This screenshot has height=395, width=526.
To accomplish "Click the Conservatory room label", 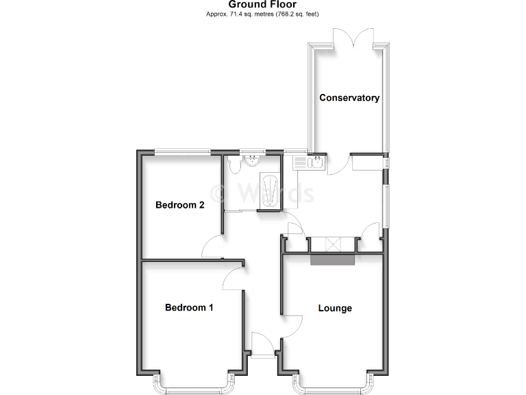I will coord(349,98).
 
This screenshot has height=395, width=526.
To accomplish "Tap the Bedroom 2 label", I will coord(180,204).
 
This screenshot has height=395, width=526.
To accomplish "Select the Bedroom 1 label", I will coord(189,308).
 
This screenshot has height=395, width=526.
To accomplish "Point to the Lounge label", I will coord(335,308).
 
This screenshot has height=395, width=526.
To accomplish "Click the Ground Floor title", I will coord(262,5).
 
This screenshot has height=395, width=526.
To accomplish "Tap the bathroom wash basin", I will coord(253,162).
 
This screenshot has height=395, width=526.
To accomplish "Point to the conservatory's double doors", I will coord(353,40).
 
